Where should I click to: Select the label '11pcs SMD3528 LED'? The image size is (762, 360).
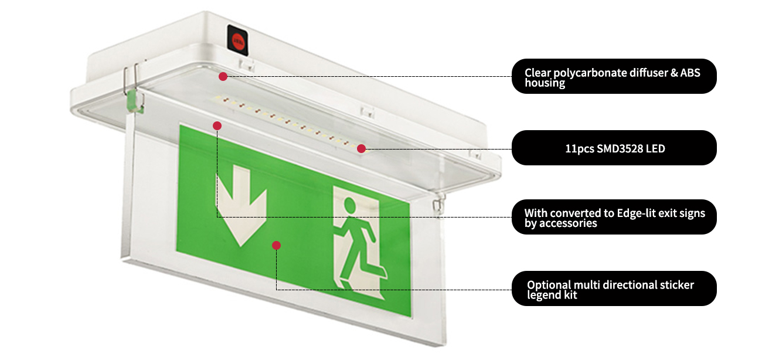pos(614,148)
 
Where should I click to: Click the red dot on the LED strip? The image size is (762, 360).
pos(362,148)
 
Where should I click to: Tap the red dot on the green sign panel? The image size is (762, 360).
pos(276,245)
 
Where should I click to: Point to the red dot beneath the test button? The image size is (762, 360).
pos(223,76)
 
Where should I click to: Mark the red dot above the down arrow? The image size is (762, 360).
pos(217,125)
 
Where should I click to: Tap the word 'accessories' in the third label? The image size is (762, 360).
pos(567,223)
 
